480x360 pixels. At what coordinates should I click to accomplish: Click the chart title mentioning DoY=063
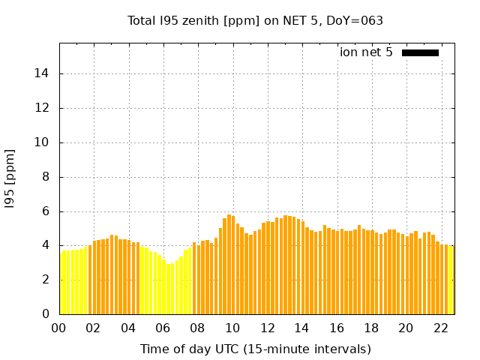pyautogui.click(x=255, y=20)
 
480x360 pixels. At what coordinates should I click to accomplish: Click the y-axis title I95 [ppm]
pyautogui.click(x=10, y=178)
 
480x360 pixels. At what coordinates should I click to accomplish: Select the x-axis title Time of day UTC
pyautogui.click(x=255, y=349)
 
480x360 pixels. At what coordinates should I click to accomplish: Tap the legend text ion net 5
pyautogui.click(x=366, y=52)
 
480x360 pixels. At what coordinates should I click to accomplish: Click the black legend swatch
pyautogui.click(x=420, y=52)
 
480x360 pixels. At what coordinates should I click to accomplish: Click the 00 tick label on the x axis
pyautogui.click(x=59, y=328)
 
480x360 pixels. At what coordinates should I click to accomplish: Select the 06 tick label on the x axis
pyautogui.click(x=163, y=328)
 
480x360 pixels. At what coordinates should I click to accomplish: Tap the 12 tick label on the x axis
pyautogui.click(x=268, y=328)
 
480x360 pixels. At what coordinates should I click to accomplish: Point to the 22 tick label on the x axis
pyautogui.click(x=441, y=328)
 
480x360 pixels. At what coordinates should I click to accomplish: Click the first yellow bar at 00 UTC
pyautogui.click(x=61, y=283)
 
